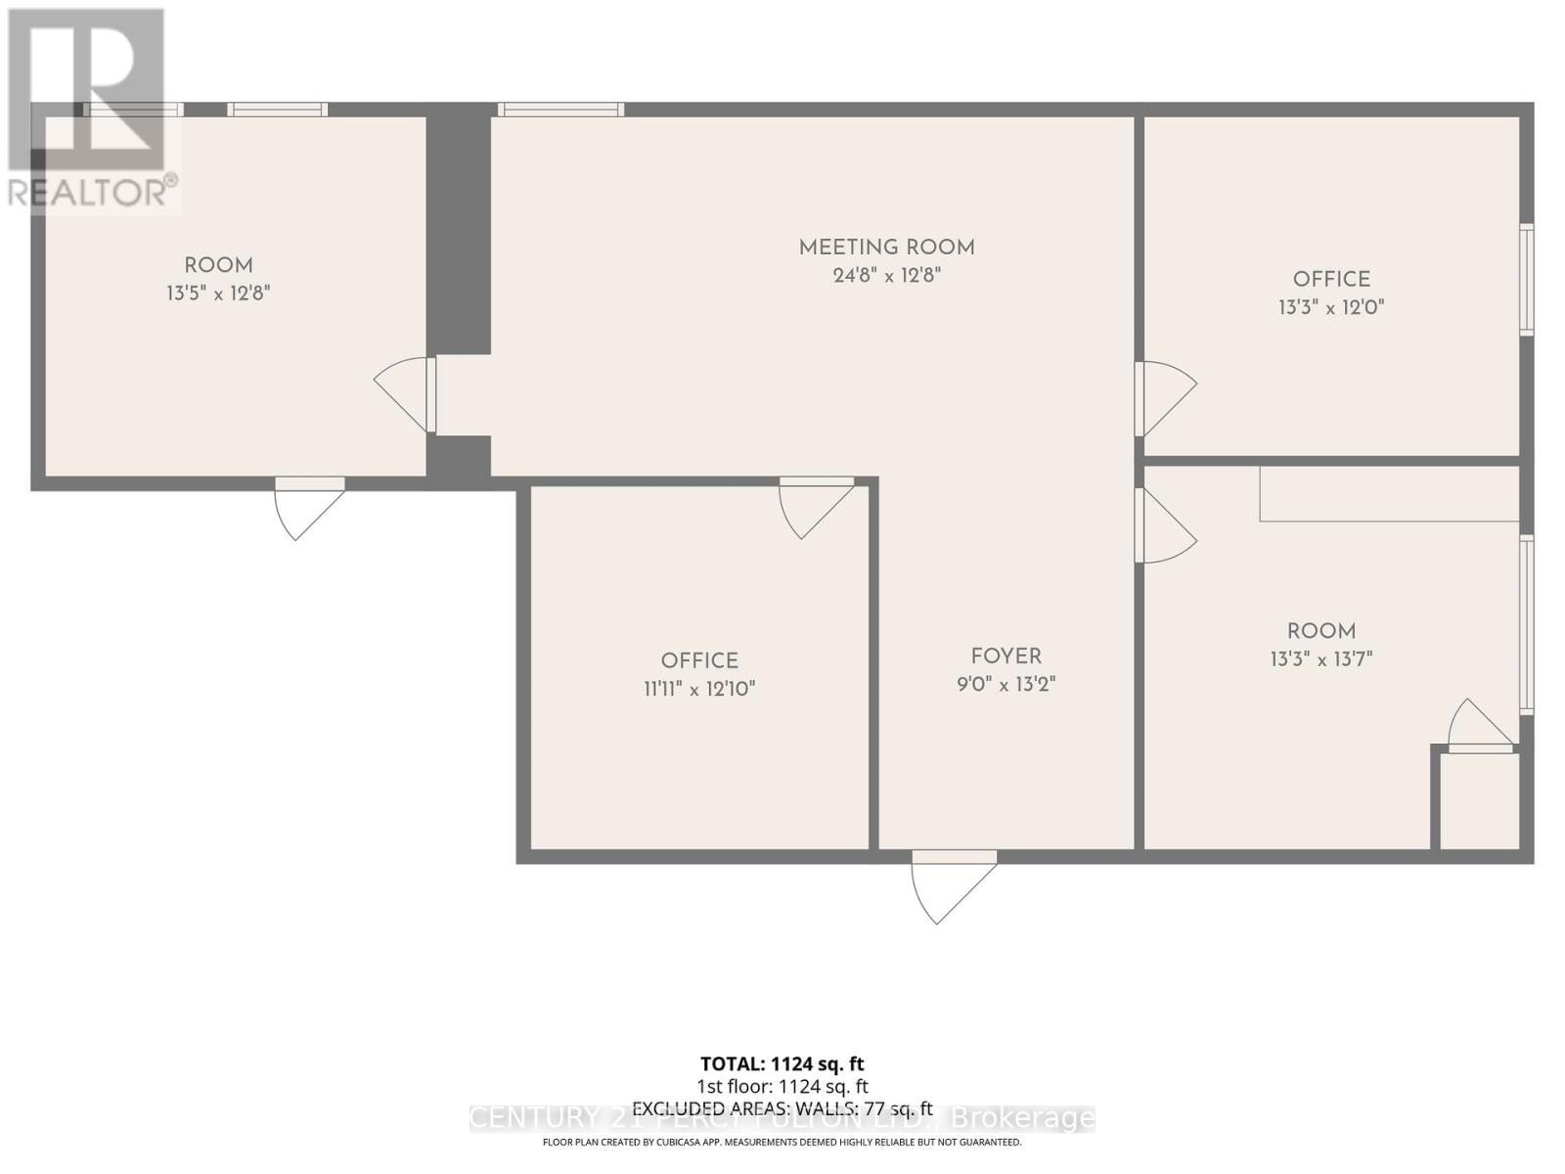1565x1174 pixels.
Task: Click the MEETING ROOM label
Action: [886, 248]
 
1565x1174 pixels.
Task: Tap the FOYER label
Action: [1006, 656]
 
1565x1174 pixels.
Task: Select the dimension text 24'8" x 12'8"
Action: [886, 276]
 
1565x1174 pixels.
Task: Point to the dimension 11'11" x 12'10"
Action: [699, 689]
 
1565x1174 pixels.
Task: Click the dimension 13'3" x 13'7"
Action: [1321, 659]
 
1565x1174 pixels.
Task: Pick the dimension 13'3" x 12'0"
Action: [1331, 307]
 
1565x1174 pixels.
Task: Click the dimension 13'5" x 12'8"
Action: [218, 293]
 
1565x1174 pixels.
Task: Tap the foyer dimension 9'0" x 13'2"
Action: [1006, 684]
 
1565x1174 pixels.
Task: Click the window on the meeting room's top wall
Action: [560, 110]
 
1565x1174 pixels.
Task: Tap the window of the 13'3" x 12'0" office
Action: [1526, 280]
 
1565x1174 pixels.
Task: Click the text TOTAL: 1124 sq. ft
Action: [782, 1063]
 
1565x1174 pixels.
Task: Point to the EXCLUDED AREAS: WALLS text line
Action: [782, 1108]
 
